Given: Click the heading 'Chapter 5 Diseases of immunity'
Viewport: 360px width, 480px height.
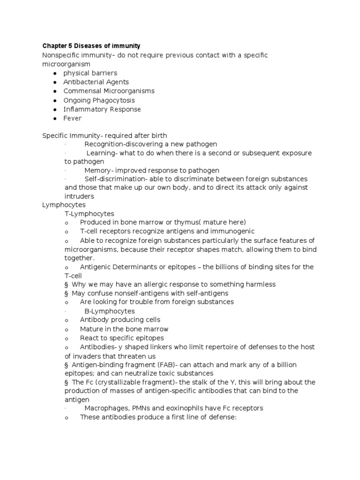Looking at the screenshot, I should pos(91,46).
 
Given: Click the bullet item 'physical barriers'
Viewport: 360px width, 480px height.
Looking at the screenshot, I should pos(90,73).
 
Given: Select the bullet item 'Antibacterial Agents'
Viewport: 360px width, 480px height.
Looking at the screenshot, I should pos(96,82).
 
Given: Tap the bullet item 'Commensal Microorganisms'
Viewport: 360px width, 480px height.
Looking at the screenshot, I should pos(109,91).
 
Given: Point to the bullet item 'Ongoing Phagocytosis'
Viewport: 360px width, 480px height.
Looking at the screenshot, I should pos(99,100).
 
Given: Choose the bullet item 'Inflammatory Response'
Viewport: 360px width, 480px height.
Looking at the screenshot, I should pos(102,109).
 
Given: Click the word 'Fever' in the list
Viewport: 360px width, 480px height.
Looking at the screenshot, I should pos(73,118).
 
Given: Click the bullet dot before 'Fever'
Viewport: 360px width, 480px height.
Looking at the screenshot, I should pos(55,119).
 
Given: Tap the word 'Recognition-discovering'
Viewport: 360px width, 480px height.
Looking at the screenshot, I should pos(123,144).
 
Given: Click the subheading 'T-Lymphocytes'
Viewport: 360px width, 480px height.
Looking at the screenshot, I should pos(89,214).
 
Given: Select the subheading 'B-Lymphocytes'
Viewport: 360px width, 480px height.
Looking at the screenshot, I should pos(109,311).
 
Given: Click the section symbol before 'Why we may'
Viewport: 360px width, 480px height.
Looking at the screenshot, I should pos(67,285).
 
